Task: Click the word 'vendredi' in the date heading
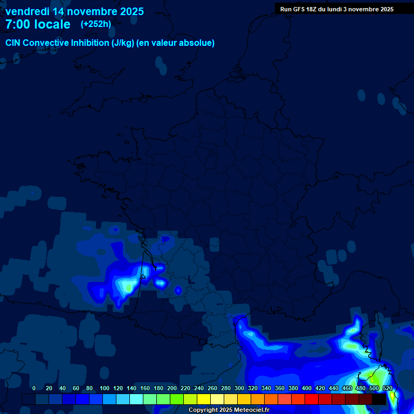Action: click(27, 11)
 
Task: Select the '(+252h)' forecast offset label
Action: click(96, 24)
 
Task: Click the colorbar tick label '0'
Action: click(34, 389)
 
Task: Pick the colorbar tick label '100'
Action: click(104, 389)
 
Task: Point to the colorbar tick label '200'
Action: click(172, 389)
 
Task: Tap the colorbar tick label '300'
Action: click(239, 389)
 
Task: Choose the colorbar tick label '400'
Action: click(307, 389)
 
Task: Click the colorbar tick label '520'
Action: click(388, 389)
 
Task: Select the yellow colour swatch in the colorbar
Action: click(204, 399)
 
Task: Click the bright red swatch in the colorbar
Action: click(312, 399)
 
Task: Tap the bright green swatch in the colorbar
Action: click(177, 399)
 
